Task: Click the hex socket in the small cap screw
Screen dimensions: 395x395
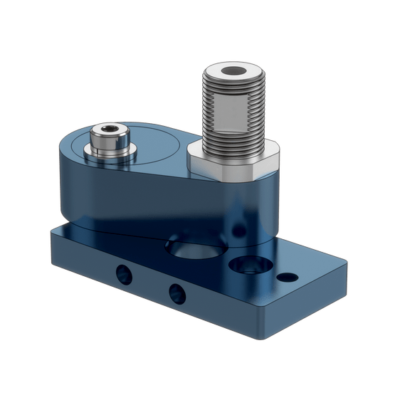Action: click(107, 130)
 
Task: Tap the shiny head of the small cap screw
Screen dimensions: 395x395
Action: click(107, 139)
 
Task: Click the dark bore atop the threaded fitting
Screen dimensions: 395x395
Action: click(233, 72)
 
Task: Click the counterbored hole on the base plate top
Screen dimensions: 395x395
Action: click(246, 264)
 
